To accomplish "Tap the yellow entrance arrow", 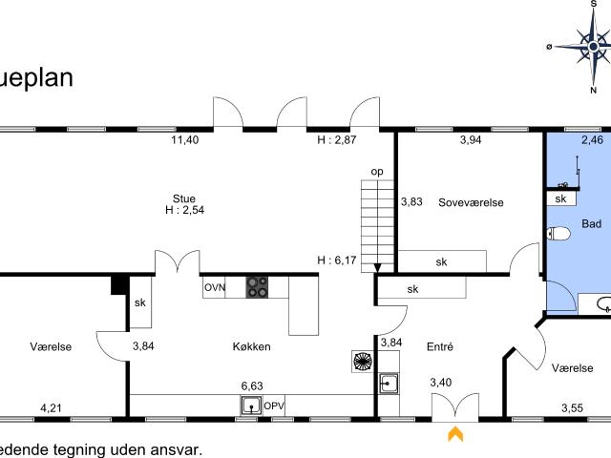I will (x=455, y=434).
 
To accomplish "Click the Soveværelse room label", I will (x=471, y=202).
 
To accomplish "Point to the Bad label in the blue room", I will (x=590, y=225).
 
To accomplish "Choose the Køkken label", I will (x=251, y=346).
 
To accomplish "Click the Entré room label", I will (x=439, y=346).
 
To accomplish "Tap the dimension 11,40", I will (x=184, y=140).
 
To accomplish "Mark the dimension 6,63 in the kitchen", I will (x=252, y=385).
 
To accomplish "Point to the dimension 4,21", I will (x=52, y=409).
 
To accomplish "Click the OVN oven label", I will (x=215, y=286).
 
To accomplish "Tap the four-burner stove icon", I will (x=258, y=284).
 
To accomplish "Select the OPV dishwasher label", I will (x=275, y=406).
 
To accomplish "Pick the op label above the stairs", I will (x=377, y=172).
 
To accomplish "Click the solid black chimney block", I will (x=119, y=283).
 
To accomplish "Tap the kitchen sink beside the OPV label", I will (x=251, y=406).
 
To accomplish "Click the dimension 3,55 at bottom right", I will (x=572, y=409).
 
